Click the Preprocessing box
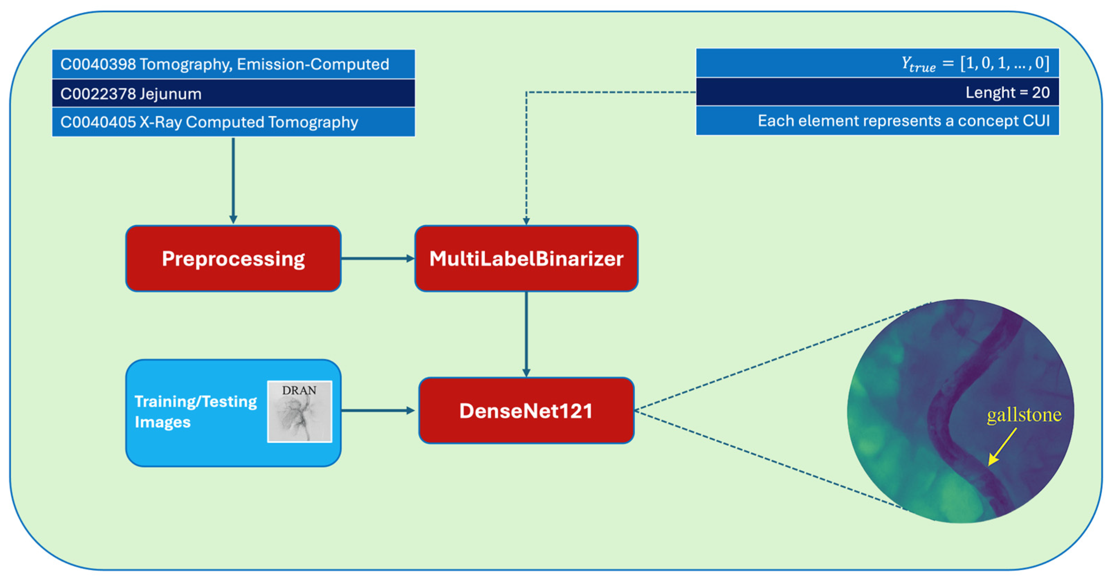pyautogui.click(x=233, y=259)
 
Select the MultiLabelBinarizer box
pyautogui.click(x=526, y=259)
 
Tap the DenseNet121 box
pyautogui.click(x=526, y=410)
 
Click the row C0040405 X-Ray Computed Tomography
pyautogui.click(x=233, y=122)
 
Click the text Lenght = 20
pyautogui.click(x=1007, y=92)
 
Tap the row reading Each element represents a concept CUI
pyautogui.click(x=903, y=121)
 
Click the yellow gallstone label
pyautogui.click(x=1024, y=415)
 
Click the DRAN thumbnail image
pyautogui.click(x=300, y=412)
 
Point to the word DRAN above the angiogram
pyautogui.click(x=299, y=391)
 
